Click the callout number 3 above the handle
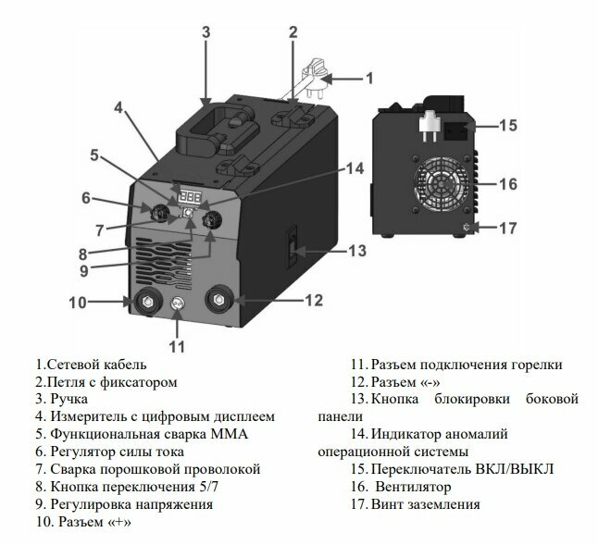tap(206, 31)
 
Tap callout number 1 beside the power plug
tap(368, 78)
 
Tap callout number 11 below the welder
tap(177, 347)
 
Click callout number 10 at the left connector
tap(77, 302)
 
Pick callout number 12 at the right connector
tap(314, 300)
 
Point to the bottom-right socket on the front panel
tap(221, 301)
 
